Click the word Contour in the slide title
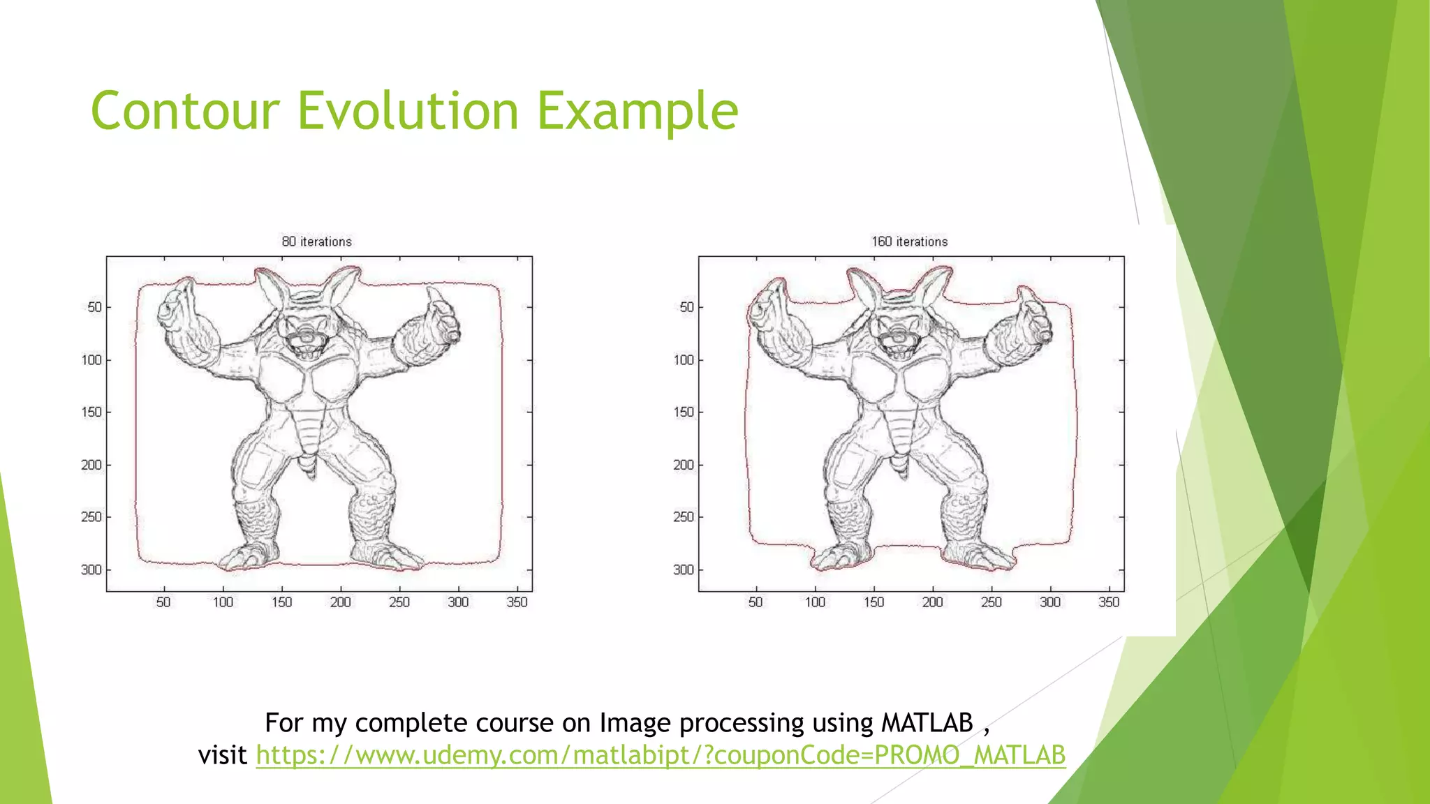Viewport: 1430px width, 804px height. point(185,112)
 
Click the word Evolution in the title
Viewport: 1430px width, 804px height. point(408,112)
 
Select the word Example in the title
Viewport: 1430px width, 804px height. point(637,112)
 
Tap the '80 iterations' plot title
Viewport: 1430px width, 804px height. point(316,241)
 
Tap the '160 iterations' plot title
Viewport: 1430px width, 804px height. point(909,241)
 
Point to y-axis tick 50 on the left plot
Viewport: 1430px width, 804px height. point(94,307)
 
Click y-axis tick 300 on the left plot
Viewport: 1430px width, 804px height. point(91,570)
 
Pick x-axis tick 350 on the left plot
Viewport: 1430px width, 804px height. point(517,602)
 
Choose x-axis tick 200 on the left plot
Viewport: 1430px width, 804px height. point(340,602)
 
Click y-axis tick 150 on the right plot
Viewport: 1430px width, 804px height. point(684,412)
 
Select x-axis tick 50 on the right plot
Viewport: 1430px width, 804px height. point(755,602)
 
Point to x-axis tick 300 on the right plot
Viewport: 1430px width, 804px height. point(1050,602)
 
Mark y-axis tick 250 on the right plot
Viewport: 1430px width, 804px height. point(684,517)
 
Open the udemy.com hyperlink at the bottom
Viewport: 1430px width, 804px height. point(660,755)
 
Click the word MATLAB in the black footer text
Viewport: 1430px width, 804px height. point(927,723)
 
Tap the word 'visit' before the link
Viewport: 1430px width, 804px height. point(222,755)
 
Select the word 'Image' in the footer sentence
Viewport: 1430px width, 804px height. point(635,723)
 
